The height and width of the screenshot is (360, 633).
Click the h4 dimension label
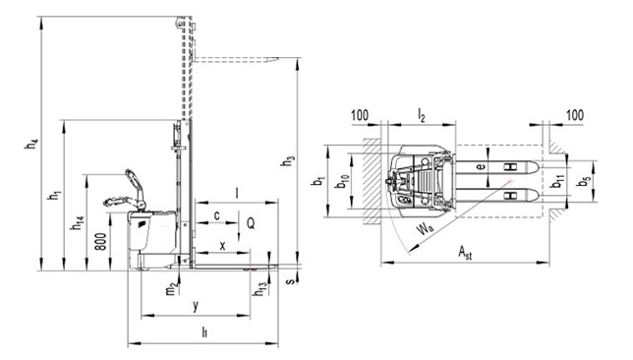click(x=31, y=144)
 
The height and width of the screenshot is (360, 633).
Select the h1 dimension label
click(x=54, y=195)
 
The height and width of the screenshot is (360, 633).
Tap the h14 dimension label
click(x=78, y=223)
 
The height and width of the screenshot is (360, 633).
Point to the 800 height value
click(x=102, y=241)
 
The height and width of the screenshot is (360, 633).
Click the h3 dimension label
click(x=288, y=160)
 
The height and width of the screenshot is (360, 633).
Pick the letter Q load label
click(x=251, y=223)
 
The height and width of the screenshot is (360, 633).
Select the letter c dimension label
click(x=217, y=215)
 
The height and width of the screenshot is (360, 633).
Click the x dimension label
click(x=222, y=245)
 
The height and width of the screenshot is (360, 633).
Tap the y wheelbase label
click(x=196, y=306)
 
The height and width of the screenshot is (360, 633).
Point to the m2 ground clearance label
click(x=172, y=288)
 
